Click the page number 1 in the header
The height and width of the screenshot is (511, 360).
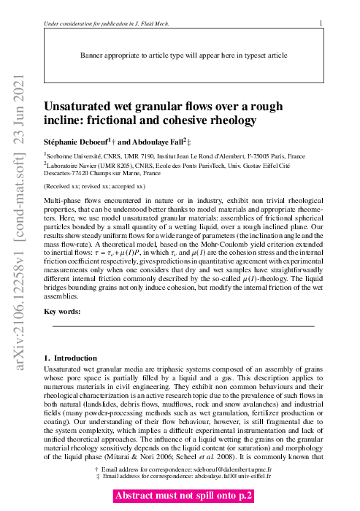(x=321, y=23)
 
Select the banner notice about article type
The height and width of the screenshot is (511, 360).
(x=179, y=55)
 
